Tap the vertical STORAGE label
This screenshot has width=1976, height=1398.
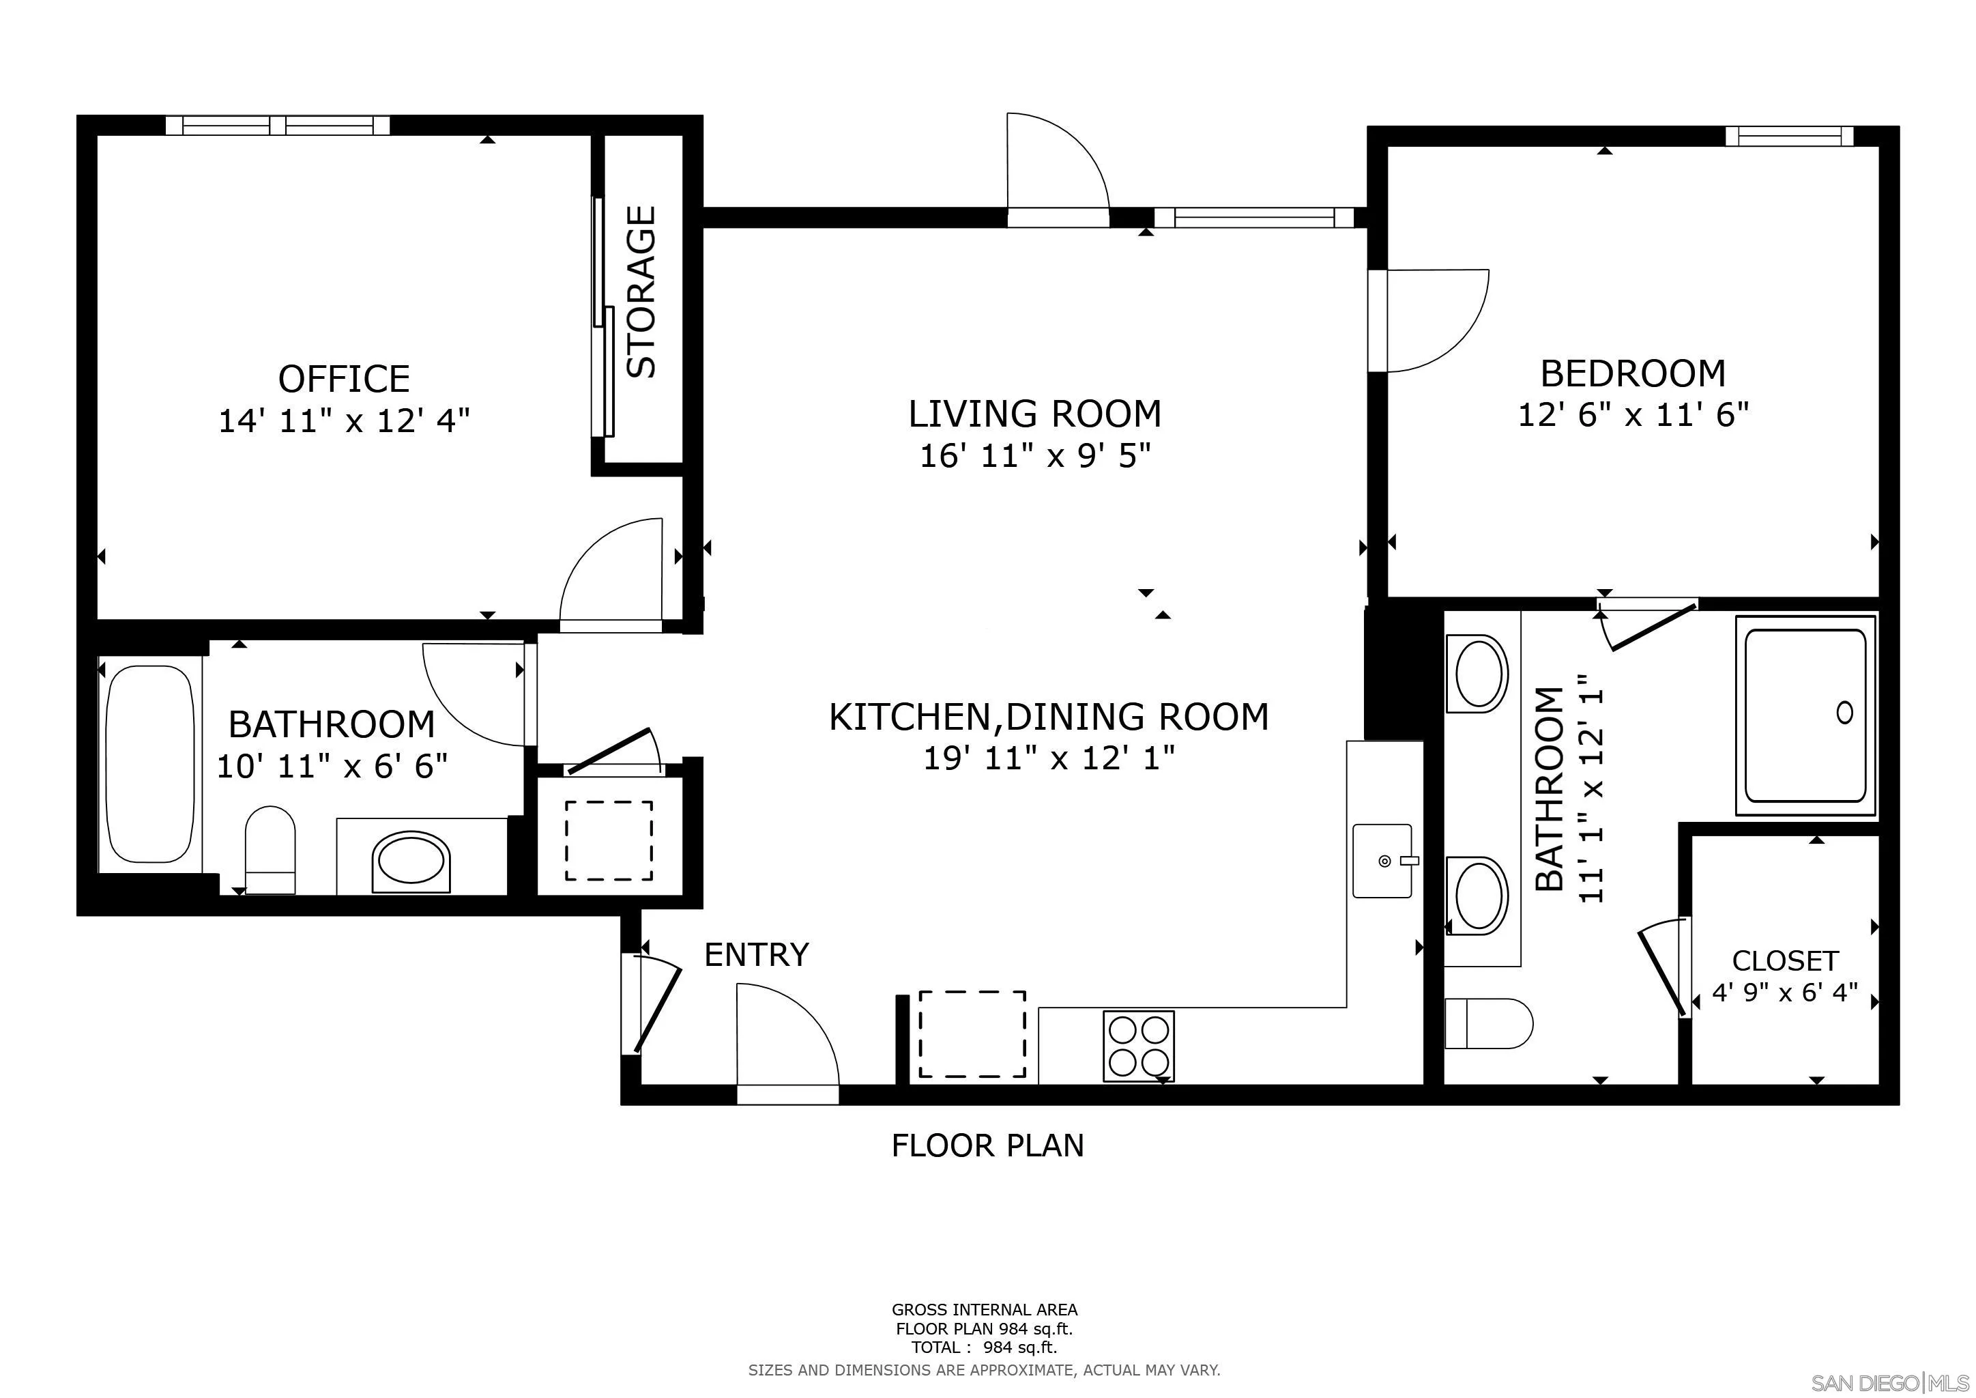tap(641, 292)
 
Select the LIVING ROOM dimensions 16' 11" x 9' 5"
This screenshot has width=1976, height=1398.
tap(1034, 455)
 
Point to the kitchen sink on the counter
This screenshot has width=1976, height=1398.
tap(1382, 861)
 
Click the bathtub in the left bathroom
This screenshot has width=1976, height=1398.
tap(149, 764)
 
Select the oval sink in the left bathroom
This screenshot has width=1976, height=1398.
tap(411, 861)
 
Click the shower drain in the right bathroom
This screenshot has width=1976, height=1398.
tap(1844, 713)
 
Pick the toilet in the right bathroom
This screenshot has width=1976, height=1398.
tap(1488, 1023)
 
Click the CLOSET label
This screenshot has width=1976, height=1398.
tap(1785, 960)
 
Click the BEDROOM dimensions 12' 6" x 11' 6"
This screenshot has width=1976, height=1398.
tap(1633, 416)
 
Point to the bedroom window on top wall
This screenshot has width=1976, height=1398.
tap(1788, 136)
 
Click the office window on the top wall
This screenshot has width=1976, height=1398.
tap(277, 126)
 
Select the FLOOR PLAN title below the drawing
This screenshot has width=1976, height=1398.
tap(987, 1146)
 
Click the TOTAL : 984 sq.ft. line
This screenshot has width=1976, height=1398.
tap(984, 1348)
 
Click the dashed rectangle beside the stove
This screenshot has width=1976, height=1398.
tap(972, 1034)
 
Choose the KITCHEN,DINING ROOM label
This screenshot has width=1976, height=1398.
tap(1048, 717)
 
